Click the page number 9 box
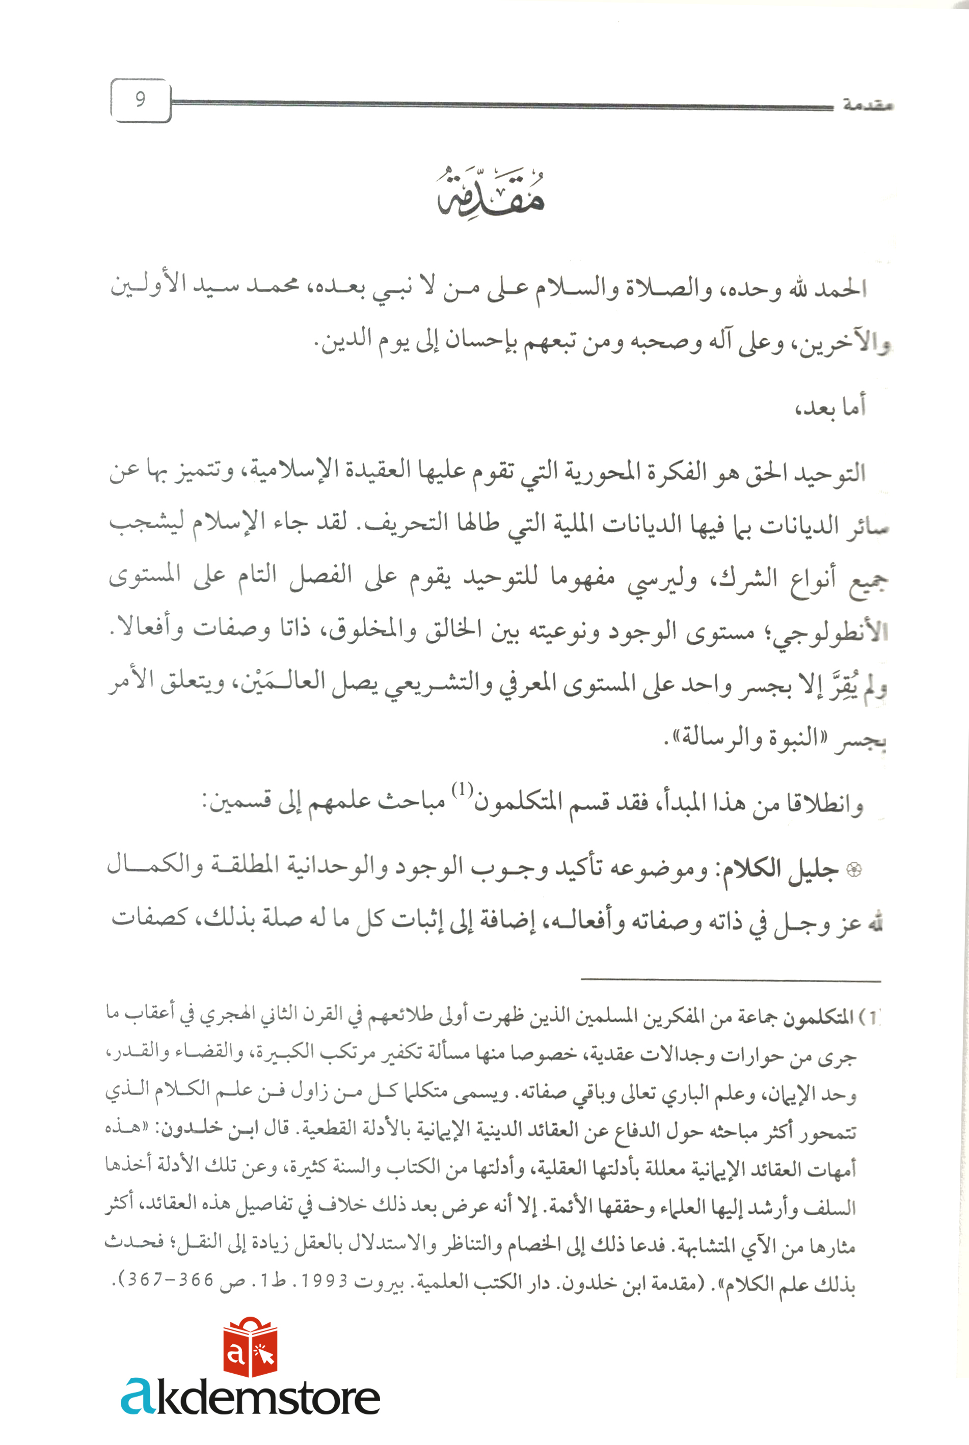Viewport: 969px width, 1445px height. (140, 100)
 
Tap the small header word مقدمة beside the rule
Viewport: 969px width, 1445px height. (867, 105)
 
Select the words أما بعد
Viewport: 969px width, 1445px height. (830, 406)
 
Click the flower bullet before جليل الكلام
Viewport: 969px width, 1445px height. (853, 870)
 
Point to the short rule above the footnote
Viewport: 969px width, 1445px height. (731, 980)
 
